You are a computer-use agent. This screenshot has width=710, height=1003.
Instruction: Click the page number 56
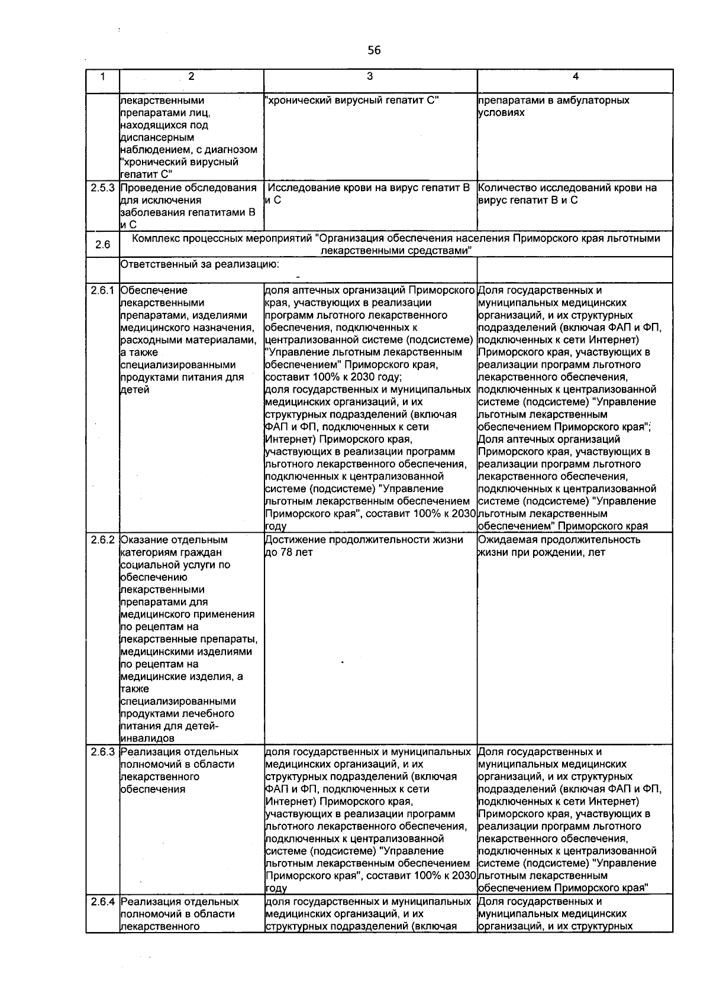[x=374, y=50]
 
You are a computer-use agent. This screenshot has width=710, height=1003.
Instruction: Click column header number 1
[x=103, y=76]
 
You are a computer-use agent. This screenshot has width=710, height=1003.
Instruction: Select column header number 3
[x=370, y=76]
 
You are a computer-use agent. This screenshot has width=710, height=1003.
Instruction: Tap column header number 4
[x=575, y=76]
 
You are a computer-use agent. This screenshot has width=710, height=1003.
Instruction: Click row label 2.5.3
[x=103, y=188]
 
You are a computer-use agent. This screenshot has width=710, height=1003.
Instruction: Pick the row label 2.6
[x=103, y=244]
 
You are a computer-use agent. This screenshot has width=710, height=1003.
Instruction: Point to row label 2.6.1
[x=103, y=290]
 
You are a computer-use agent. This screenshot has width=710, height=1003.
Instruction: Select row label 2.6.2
[x=103, y=540]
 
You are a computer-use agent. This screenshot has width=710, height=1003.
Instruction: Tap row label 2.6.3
[x=103, y=752]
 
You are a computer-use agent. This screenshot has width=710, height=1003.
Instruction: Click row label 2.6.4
[x=103, y=902]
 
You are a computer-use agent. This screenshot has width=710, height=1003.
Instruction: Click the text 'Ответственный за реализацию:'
[x=200, y=264]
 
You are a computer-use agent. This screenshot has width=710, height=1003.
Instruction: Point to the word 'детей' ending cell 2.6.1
[x=134, y=390]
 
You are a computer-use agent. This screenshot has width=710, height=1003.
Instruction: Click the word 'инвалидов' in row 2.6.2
[x=147, y=739]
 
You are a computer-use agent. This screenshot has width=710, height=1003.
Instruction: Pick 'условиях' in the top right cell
[x=501, y=113]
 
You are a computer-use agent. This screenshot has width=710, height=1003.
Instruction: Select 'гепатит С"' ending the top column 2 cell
[x=146, y=174]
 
